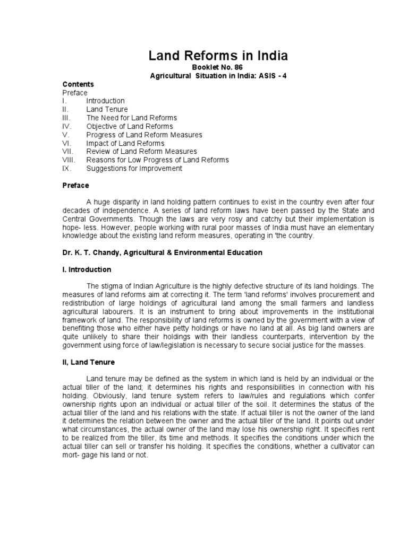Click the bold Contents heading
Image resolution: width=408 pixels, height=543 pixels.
tap(78, 84)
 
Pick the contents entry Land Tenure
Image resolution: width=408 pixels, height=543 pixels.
tap(107, 109)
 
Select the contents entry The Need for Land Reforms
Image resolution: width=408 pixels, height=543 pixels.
tap(131, 118)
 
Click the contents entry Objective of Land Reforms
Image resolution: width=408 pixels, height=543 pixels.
tap(129, 126)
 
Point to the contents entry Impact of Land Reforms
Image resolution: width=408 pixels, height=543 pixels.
tap(125, 143)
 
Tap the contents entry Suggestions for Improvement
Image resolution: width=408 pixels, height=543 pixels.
tap(134, 169)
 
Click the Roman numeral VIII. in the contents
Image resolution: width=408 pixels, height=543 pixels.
tap(70, 160)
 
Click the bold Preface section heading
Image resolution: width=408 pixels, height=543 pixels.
tap(76, 186)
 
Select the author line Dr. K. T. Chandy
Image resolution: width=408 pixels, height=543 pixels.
tap(91, 253)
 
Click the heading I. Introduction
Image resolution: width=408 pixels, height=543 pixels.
tap(87, 270)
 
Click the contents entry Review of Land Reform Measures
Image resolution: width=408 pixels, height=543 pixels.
tap(141, 152)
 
